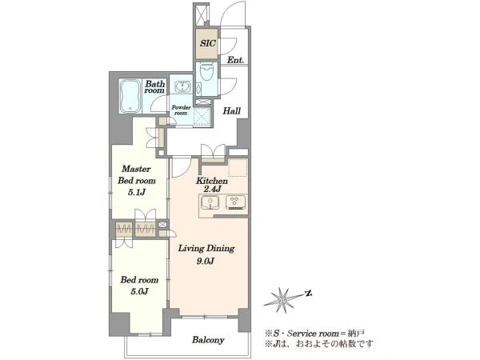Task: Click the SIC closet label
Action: (208, 43)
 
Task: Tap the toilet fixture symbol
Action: (206, 72)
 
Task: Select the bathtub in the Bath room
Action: (130, 96)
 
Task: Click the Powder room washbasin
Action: (182, 86)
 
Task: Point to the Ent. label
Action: (235, 60)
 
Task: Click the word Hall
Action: (231, 111)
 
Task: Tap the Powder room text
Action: (181, 110)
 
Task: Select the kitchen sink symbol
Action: (210, 203)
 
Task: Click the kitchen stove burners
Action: (235, 202)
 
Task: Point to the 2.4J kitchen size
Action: (212, 189)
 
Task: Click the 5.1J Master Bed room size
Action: (136, 193)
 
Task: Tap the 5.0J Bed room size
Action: (139, 291)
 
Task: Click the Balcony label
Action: (208, 340)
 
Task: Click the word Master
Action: (136, 169)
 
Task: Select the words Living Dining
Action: (206, 248)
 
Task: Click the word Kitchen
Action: (212, 181)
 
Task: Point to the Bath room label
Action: (154, 87)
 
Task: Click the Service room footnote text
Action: (314, 333)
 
